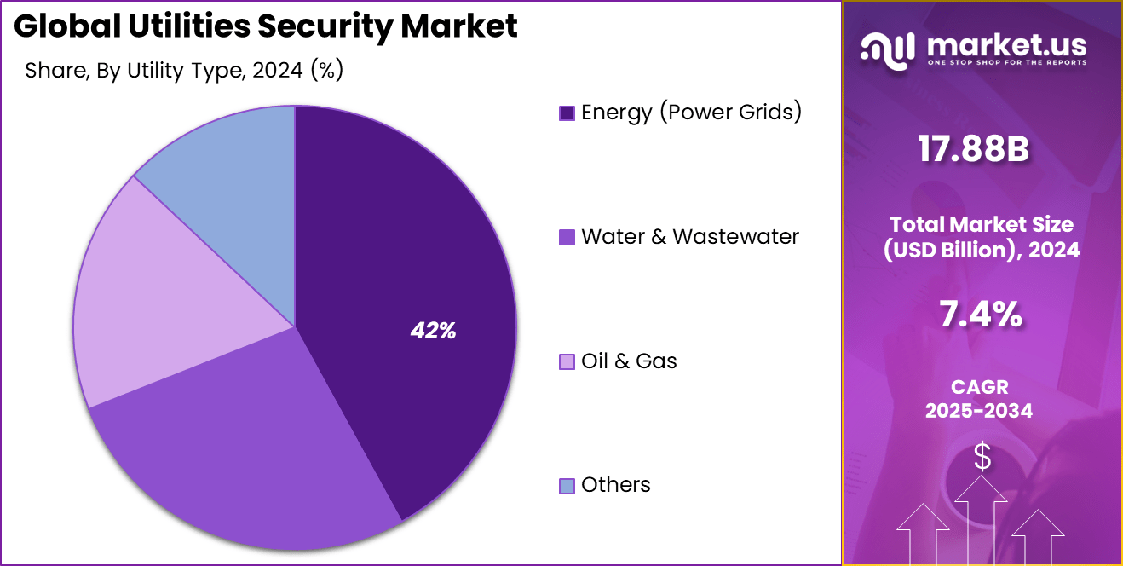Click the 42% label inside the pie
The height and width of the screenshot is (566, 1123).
[433, 332]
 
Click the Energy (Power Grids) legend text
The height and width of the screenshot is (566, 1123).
[691, 113]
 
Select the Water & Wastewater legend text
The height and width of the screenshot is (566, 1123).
[689, 237]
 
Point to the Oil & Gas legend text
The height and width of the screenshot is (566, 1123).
[629, 361]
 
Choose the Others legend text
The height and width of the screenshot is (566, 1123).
[615, 485]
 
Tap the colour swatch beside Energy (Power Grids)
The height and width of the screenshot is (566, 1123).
[567, 113]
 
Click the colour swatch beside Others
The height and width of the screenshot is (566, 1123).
[567, 486]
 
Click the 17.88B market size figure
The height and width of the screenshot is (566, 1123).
[973, 150]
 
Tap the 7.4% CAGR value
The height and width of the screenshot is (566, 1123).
[980, 315]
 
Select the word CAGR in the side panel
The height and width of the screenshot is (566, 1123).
[980, 387]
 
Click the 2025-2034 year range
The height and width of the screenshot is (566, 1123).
[980, 411]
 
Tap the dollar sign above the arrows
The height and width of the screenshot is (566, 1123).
[982, 458]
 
